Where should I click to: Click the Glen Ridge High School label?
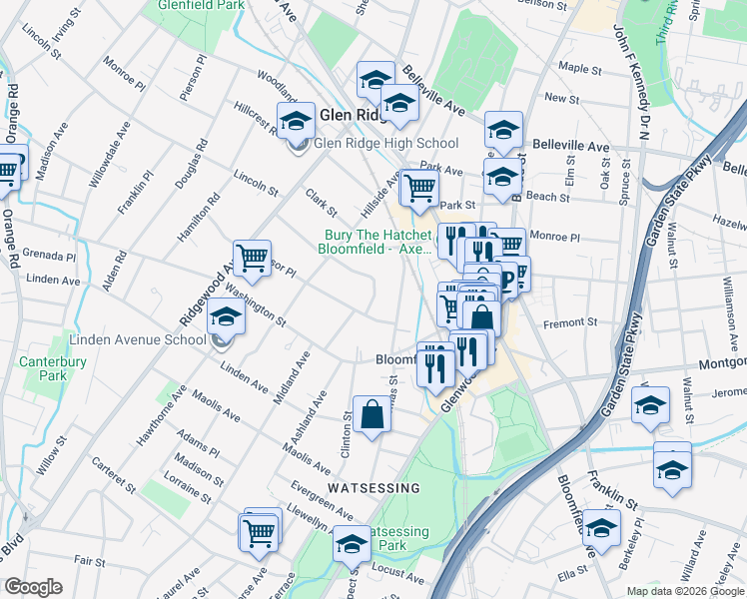click(385, 144)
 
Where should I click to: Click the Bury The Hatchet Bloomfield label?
click(376, 243)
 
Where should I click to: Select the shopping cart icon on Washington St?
click(252, 259)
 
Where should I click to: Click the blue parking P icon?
click(507, 281)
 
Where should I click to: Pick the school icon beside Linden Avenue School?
click(226, 317)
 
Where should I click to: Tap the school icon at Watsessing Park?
click(352, 544)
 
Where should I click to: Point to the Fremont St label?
click(569, 322)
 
